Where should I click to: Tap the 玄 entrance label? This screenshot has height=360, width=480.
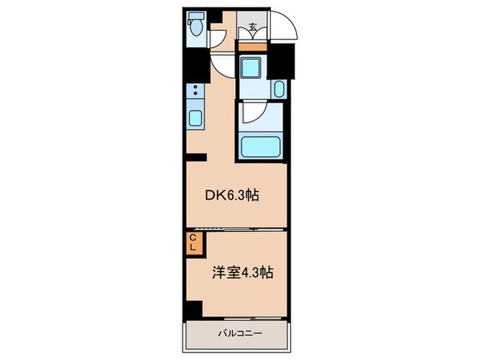(252, 28)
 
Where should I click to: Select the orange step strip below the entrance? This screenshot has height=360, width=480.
(252, 47)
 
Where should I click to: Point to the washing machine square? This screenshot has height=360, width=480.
(252, 69)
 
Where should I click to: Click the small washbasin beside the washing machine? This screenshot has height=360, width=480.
(279, 88)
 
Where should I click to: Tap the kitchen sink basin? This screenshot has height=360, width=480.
(195, 119)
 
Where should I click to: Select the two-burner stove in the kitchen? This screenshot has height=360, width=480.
(195, 91)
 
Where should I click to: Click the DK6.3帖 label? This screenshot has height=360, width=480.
(231, 195)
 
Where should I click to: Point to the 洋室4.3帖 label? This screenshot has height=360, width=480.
(242, 272)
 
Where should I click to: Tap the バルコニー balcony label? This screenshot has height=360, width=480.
(237, 333)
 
